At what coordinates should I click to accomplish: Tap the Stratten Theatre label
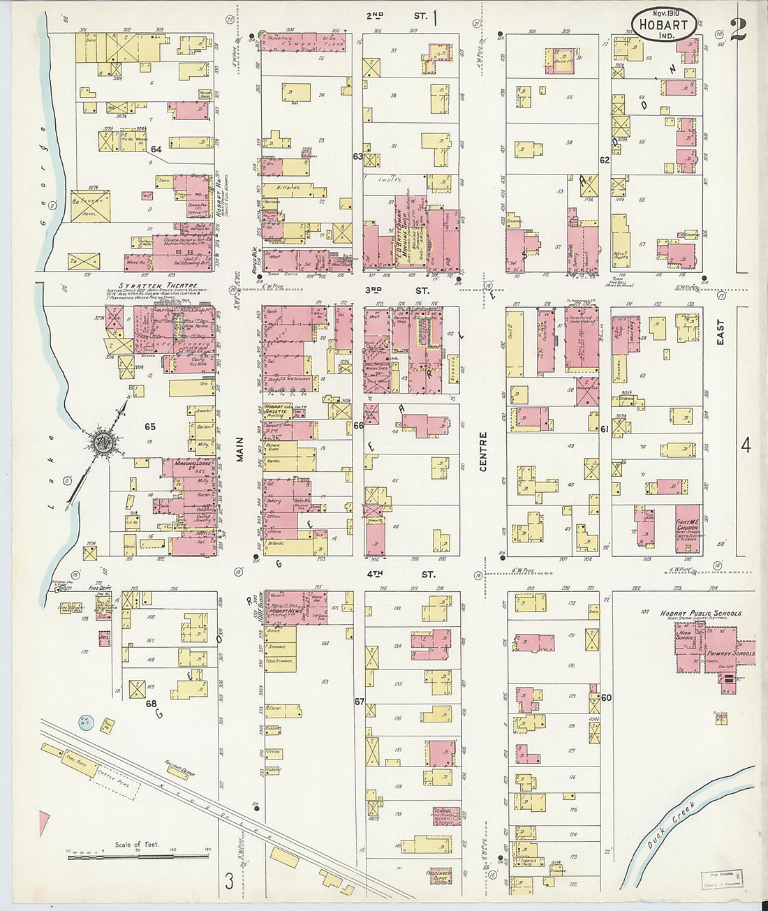click(x=149, y=286)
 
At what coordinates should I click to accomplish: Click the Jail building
click(x=104, y=638)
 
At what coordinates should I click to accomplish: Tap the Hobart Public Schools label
click(x=701, y=614)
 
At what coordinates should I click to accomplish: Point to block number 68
click(x=151, y=704)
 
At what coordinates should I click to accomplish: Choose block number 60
click(x=606, y=697)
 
